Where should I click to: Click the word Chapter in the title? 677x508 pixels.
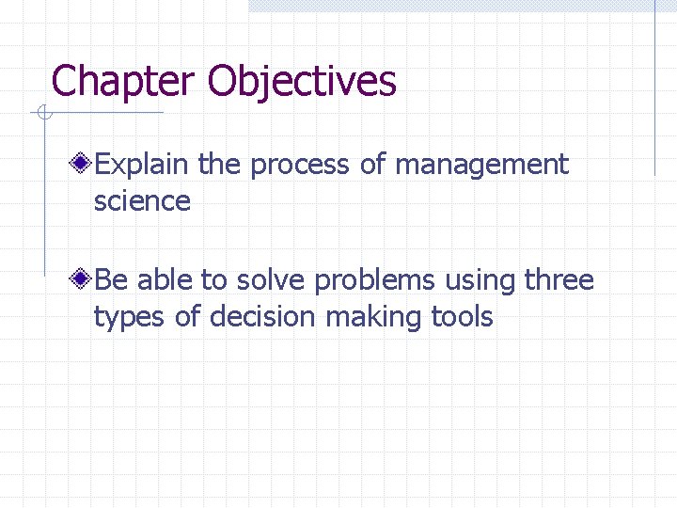pyautogui.click(x=125, y=82)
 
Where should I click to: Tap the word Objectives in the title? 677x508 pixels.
pyautogui.click(x=302, y=82)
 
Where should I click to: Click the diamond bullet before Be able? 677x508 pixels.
pyautogui.click(x=84, y=280)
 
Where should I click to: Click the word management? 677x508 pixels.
pyautogui.click(x=481, y=165)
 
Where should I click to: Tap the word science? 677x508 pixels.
pyautogui.click(x=142, y=200)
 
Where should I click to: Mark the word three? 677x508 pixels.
pyautogui.click(x=559, y=280)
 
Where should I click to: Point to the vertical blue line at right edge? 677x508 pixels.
pyautogui.click(x=655, y=89)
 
